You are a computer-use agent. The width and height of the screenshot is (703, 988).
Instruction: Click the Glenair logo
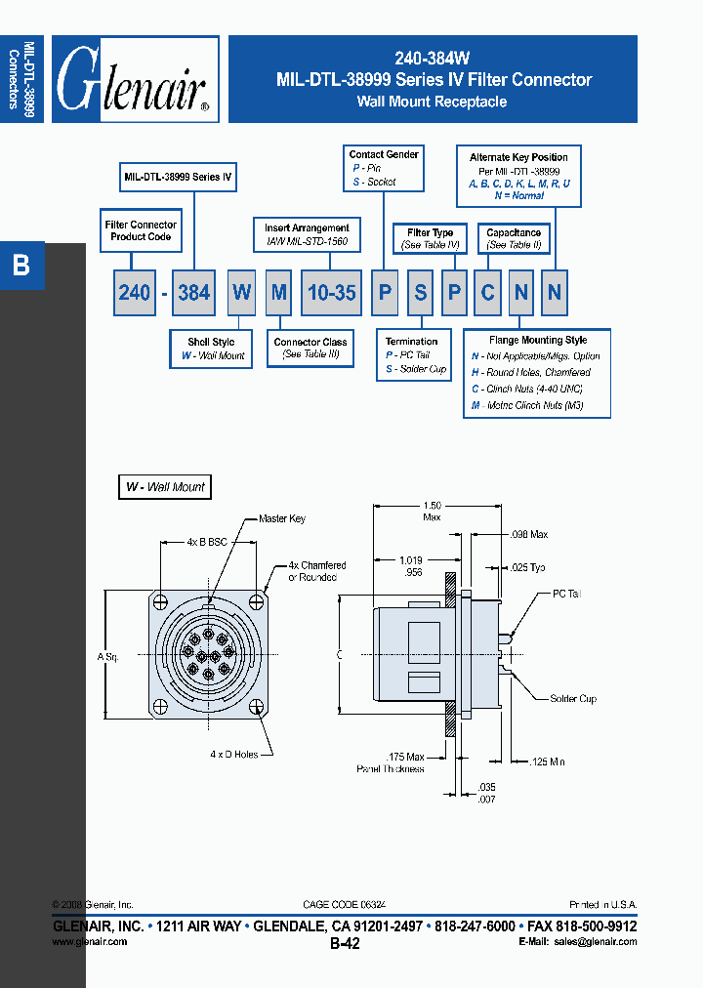pos(135,80)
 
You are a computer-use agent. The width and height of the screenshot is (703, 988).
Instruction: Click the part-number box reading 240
pos(135,292)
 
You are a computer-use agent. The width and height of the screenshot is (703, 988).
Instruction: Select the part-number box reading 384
pos(193,292)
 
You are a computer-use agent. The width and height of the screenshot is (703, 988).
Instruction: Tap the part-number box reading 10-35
pos(332,292)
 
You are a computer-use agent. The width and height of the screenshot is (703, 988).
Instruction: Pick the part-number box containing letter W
pos(241,292)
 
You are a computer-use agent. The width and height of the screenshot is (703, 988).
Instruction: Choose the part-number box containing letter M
pos(279,292)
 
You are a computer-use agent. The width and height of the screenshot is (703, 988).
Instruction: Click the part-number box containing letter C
pos(486,292)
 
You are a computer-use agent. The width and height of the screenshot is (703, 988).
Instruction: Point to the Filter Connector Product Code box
pos(141,231)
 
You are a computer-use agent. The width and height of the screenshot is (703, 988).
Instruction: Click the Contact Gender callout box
pos(384,168)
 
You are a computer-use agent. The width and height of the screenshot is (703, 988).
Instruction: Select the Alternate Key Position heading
pos(518,157)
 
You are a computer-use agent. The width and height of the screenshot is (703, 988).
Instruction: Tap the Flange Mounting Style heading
pos(538,340)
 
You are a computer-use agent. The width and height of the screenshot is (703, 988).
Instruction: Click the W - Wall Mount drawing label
pos(165,486)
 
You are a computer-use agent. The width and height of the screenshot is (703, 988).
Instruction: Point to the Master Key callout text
pos(282,519)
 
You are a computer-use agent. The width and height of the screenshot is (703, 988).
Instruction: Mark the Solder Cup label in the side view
pos(573,699)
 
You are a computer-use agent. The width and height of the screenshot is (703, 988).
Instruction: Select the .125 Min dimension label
pos(548,762)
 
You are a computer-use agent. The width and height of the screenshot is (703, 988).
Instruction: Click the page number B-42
pos(345,943)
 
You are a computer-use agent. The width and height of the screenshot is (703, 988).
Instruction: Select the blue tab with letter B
pos(21,265)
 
